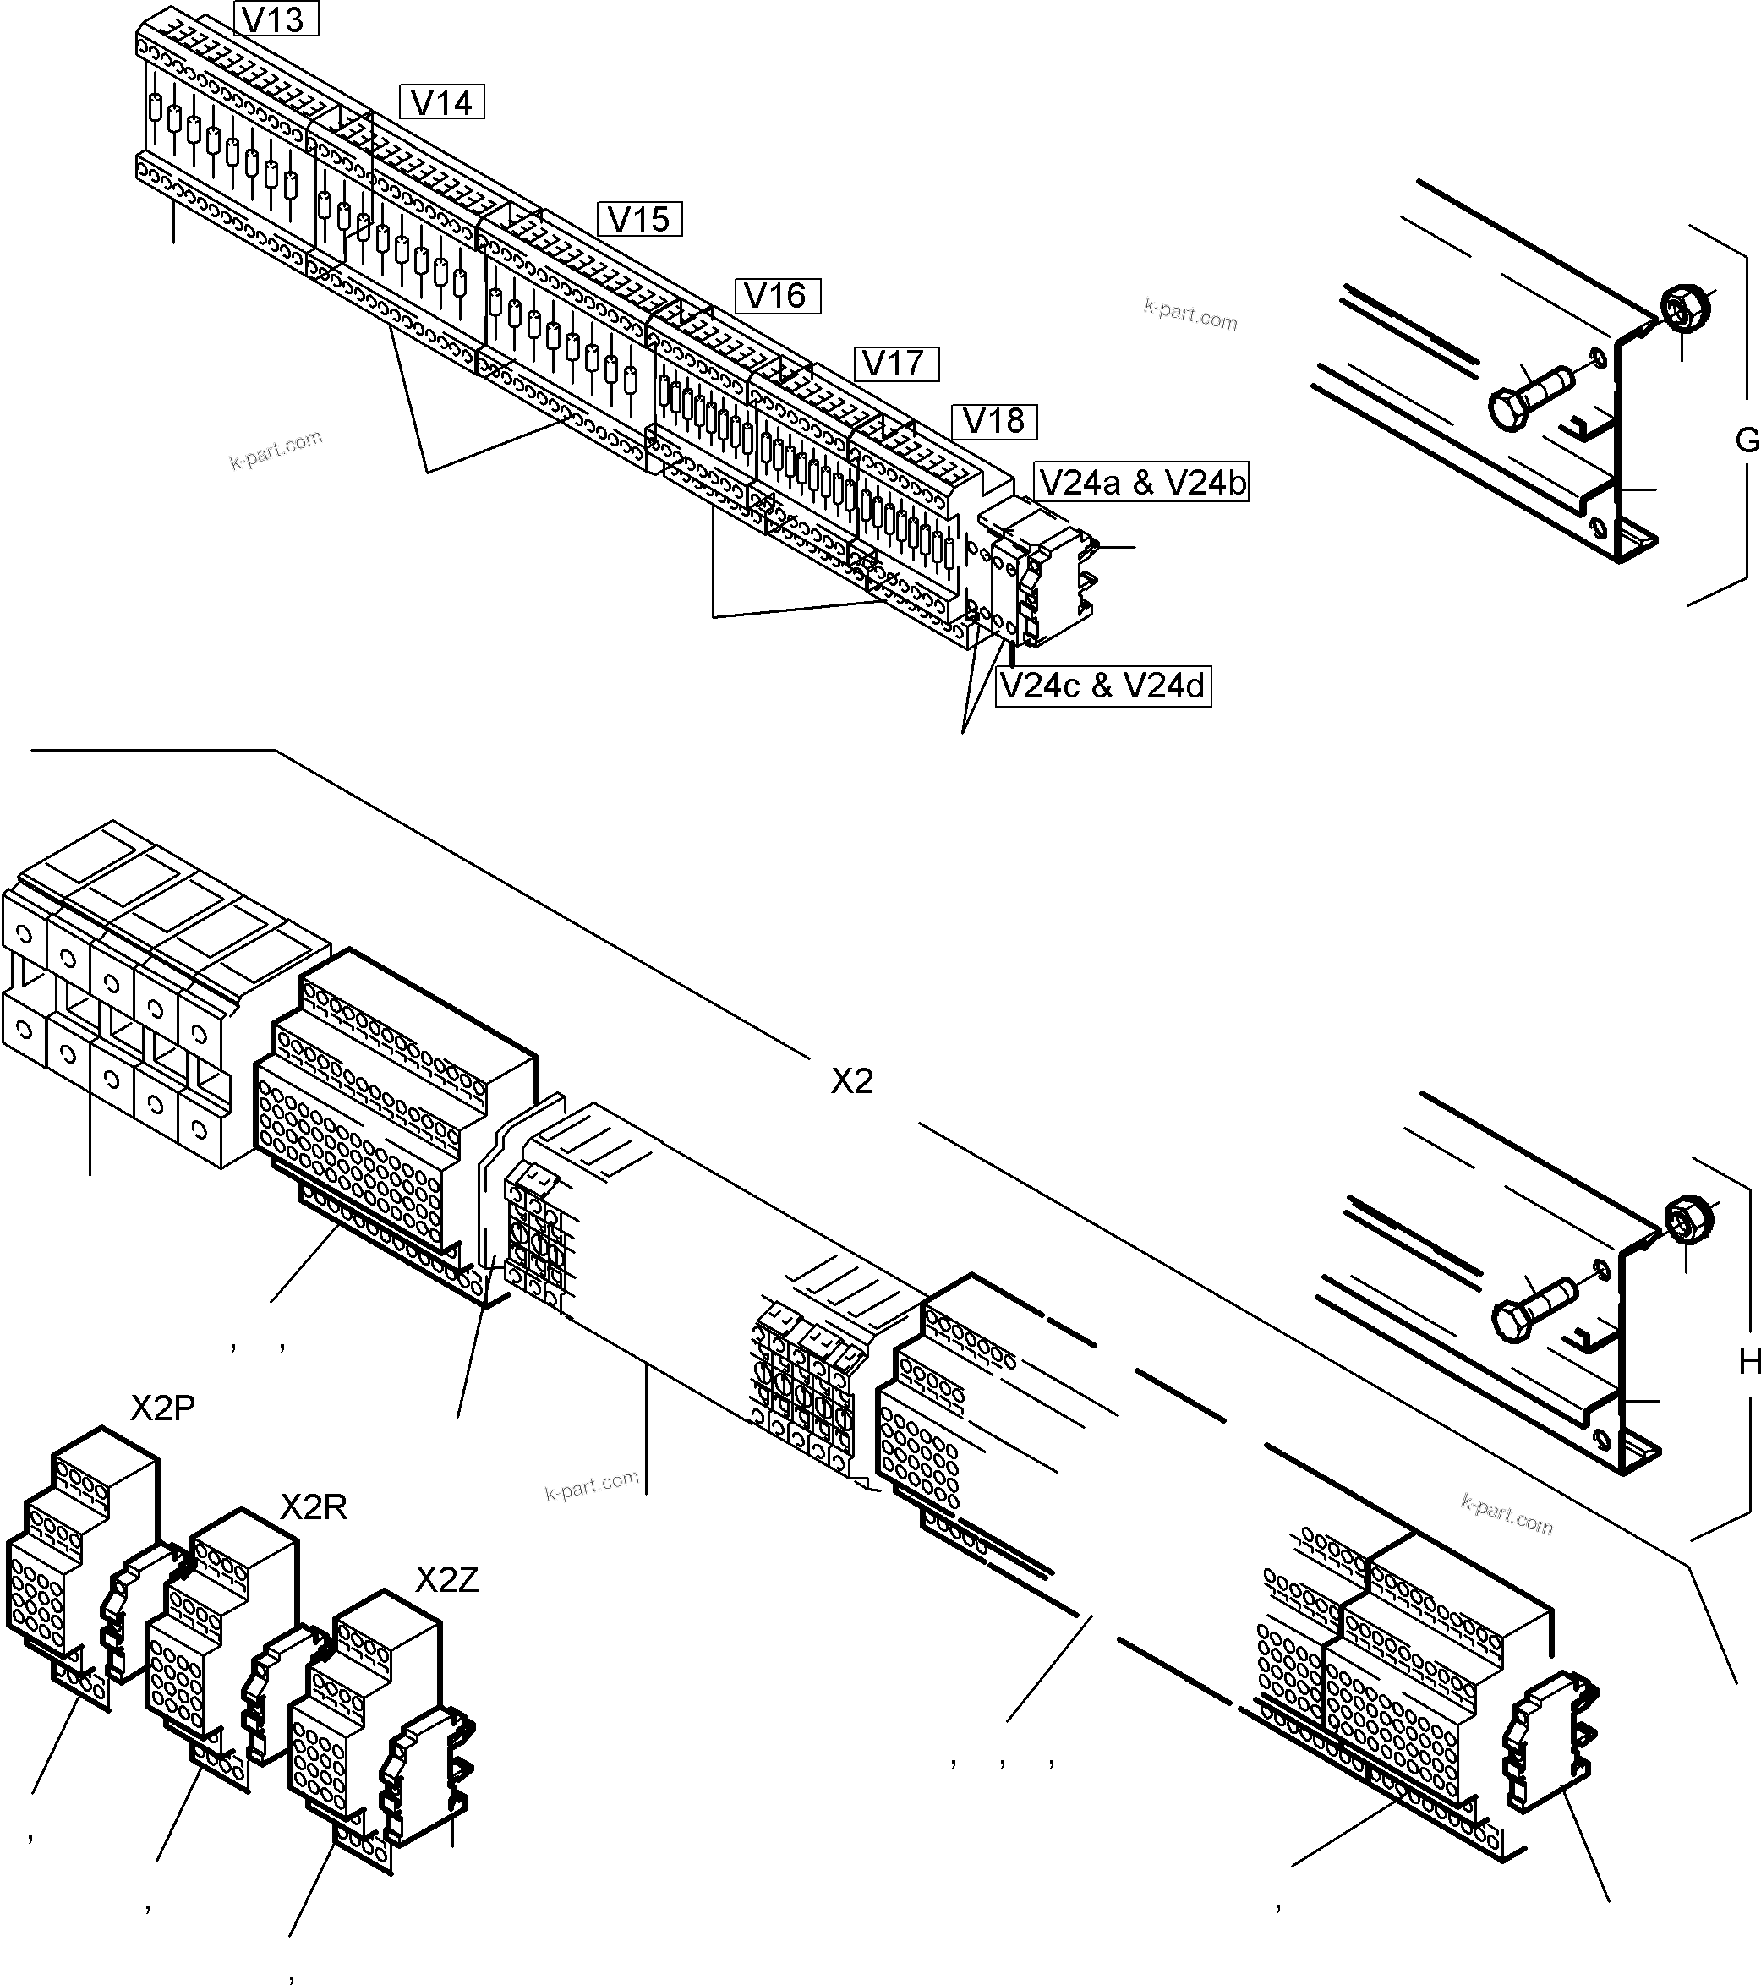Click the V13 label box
[x=276, y=19]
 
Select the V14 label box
[x=442, y=102]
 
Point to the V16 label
[x=778, y=295]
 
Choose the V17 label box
[x=896, y=364]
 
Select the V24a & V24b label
[x=1140, y=482]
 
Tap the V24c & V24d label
[x=1102, y=686]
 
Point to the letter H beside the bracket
[x=1749, y=1363]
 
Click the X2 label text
[x=852, y=1081]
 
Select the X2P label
[x=162, y=1408]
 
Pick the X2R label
[x=313, y=1507]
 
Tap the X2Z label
[x=447, y=1580]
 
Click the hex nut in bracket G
[x=1685, y=308]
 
